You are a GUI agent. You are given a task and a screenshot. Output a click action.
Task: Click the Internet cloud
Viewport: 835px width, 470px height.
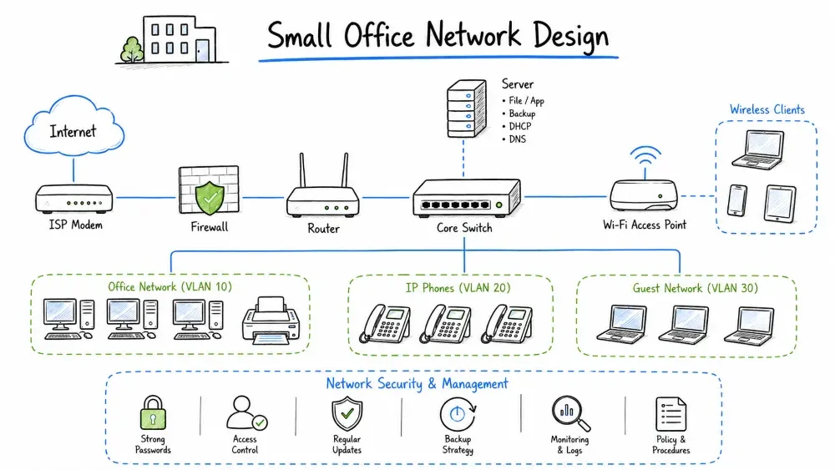click(x=74, y=127)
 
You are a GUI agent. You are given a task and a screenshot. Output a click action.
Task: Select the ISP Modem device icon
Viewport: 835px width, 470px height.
click(x=74, y=199)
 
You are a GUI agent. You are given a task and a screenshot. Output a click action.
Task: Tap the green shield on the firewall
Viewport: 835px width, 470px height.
click(x=210, y=198)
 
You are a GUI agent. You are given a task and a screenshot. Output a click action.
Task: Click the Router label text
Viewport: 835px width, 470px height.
click(x=323, y=229)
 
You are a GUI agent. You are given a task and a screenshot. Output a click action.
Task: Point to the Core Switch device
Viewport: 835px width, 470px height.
click(x=467, y=198)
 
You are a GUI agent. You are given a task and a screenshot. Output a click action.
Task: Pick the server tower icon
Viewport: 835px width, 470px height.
click(x=467, y=108)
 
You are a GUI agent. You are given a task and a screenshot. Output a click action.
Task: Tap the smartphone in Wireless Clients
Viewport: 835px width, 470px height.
click(x=737, y=200)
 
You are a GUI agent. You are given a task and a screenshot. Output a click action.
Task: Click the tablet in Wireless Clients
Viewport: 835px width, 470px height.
click(x=780, y=204)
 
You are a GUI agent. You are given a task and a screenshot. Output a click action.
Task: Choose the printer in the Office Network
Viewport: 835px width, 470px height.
click(x=271, y=320)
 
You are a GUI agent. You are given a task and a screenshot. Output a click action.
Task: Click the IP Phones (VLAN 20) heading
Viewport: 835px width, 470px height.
click(x=458, y=288)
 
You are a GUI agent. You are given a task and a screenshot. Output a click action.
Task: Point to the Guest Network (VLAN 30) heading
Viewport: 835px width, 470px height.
click(x=695, y=289)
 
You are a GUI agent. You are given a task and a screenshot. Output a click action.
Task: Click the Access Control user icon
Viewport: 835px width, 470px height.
click(x=246, y=412)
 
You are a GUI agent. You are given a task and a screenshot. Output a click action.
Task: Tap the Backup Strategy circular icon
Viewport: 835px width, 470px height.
click(x=458, y=415)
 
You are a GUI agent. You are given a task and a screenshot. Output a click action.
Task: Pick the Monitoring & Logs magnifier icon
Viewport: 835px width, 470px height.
click(x=570, y=413)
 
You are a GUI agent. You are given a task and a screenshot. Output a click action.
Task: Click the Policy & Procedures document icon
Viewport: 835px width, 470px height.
click(x=671, y=414)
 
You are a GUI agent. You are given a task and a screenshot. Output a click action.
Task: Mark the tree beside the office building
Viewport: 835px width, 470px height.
click(x=132, y=49)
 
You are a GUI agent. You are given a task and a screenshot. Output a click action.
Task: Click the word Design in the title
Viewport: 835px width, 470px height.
click(x=570, y=36)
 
